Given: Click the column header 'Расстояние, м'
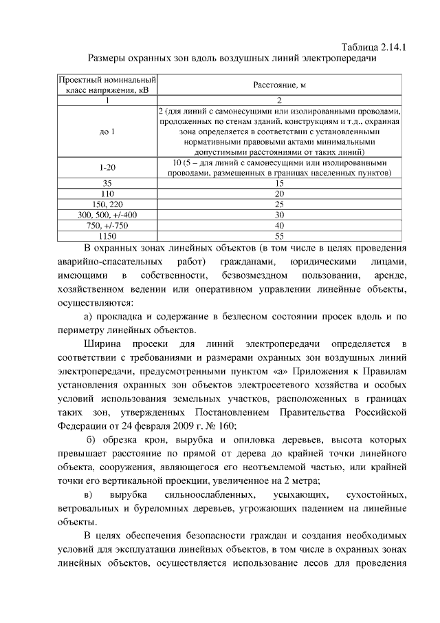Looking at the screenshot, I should [x=278, y=85].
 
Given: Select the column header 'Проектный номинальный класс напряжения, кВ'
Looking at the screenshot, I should [x=107, y=85].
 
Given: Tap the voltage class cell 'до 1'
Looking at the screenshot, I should [x=107, y=131].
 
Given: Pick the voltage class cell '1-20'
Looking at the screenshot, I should [x=107, y=168].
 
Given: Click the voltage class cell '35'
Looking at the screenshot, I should [x=107, y=184].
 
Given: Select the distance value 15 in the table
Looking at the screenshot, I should [x=278, y=184].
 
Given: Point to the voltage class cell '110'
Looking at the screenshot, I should [x=107, y=194].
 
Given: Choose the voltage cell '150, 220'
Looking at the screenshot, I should [x=107, y=204].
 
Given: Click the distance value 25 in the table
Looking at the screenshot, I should [x=278, y=204].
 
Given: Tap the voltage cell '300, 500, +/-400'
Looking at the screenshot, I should [x=107, y=215].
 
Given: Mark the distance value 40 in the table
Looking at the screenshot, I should [x=278, y=225].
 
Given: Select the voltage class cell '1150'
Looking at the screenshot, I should [x=107, y=235].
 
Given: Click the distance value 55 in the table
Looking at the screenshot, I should [x=278, y=235].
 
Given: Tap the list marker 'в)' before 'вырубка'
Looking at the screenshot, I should [x=87, y=495].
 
